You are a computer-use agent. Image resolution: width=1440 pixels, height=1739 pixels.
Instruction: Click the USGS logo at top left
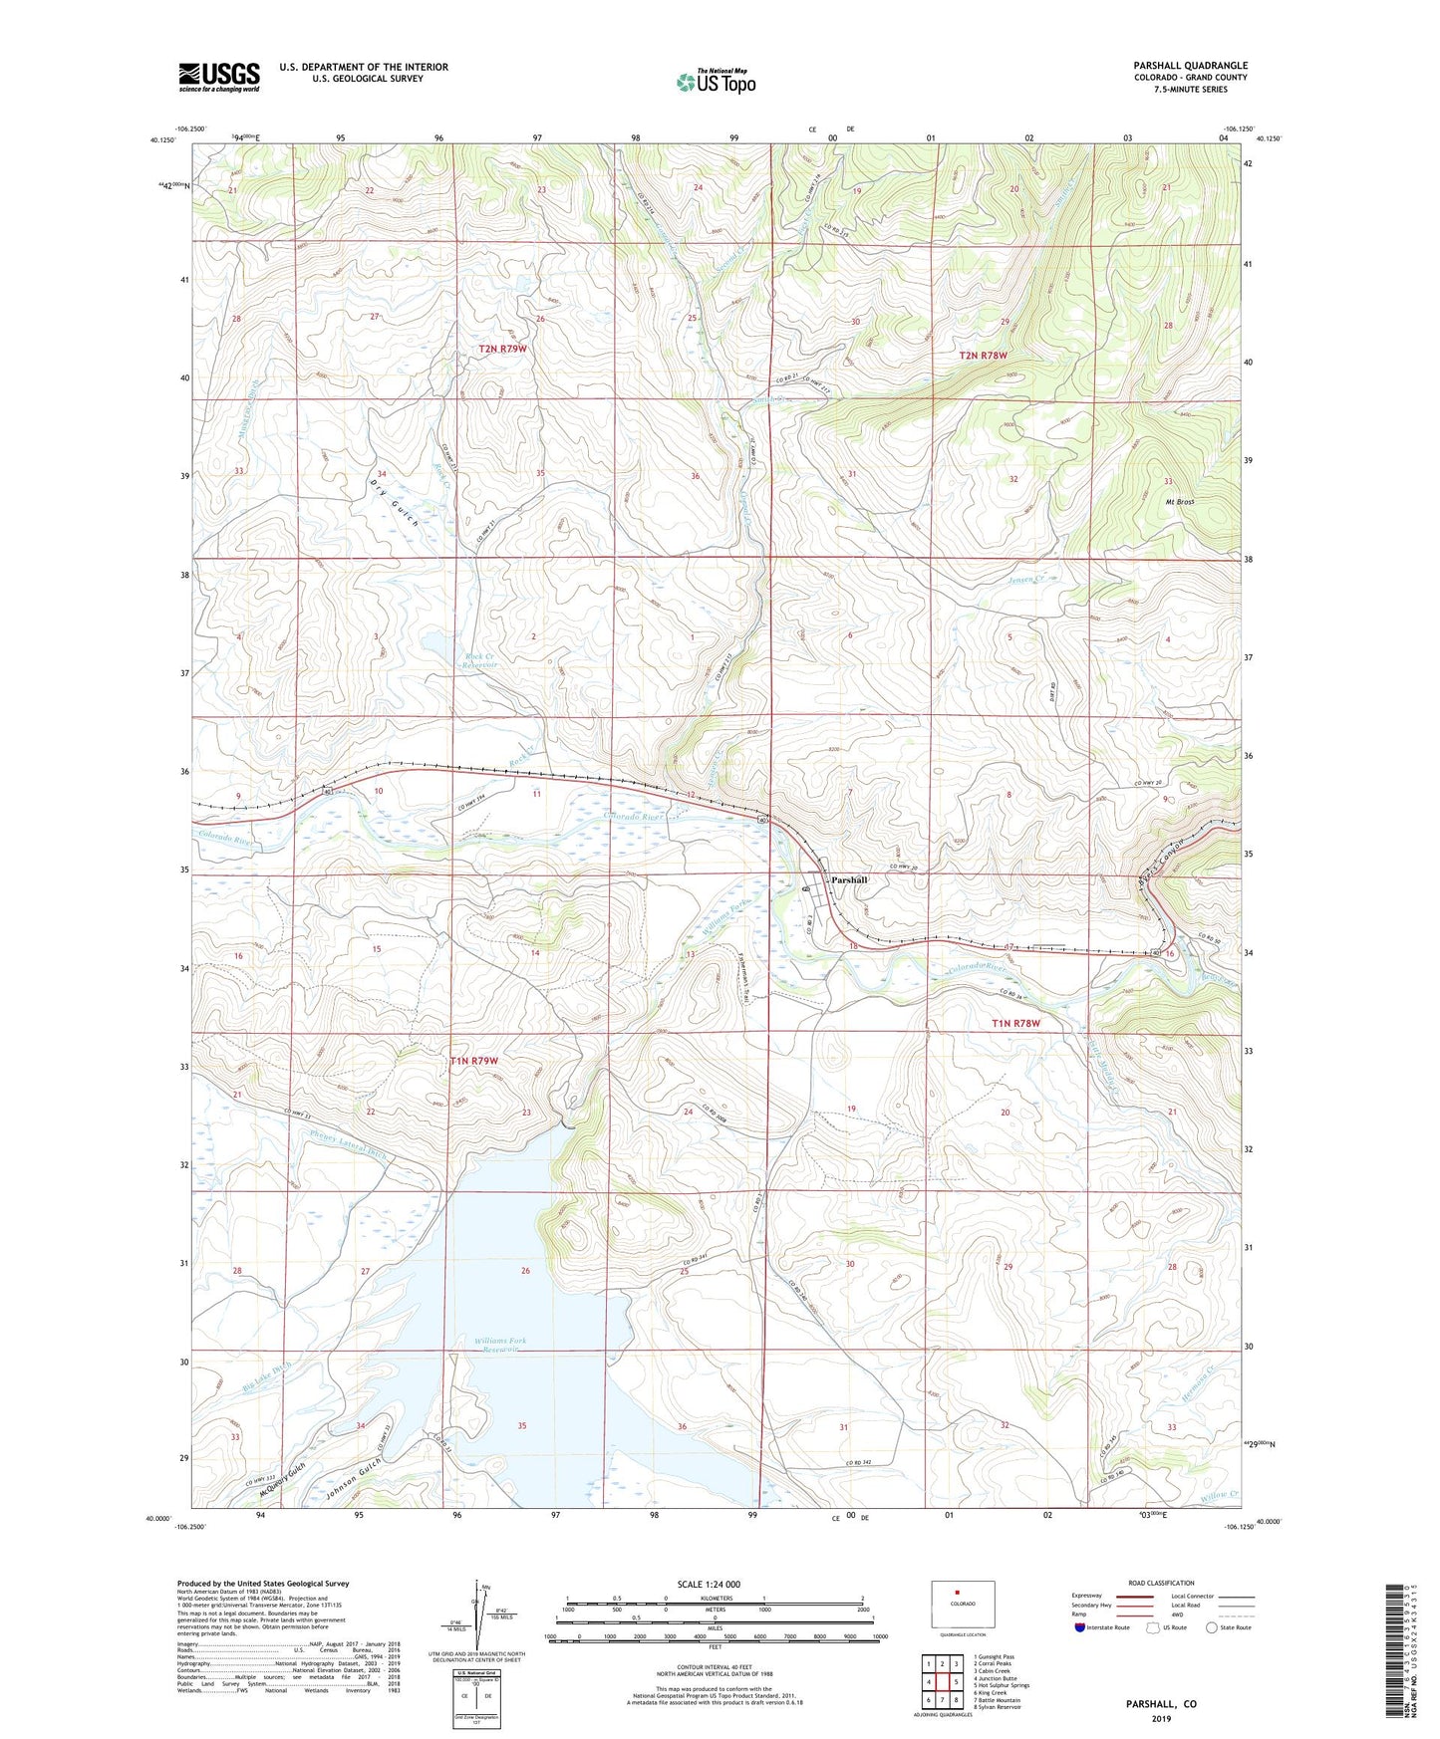219,76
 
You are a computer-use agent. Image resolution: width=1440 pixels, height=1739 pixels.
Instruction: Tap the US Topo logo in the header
716,82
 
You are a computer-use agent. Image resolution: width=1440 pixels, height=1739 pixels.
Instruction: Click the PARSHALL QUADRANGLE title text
1189,66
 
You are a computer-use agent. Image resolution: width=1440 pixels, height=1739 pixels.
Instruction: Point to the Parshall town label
850,880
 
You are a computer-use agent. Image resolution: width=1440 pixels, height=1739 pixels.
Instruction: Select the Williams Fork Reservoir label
500,1346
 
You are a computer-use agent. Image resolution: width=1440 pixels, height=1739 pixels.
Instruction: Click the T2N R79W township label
511,349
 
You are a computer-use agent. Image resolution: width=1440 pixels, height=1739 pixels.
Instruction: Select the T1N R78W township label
1016,1023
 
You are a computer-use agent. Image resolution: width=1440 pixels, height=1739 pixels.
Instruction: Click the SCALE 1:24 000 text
709,1584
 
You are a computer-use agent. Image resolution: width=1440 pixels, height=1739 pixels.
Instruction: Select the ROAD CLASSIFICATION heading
1161,1583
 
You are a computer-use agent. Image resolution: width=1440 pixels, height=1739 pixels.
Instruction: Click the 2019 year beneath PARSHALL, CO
1161,1719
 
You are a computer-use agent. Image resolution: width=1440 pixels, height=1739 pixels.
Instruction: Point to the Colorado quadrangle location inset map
963,1605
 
